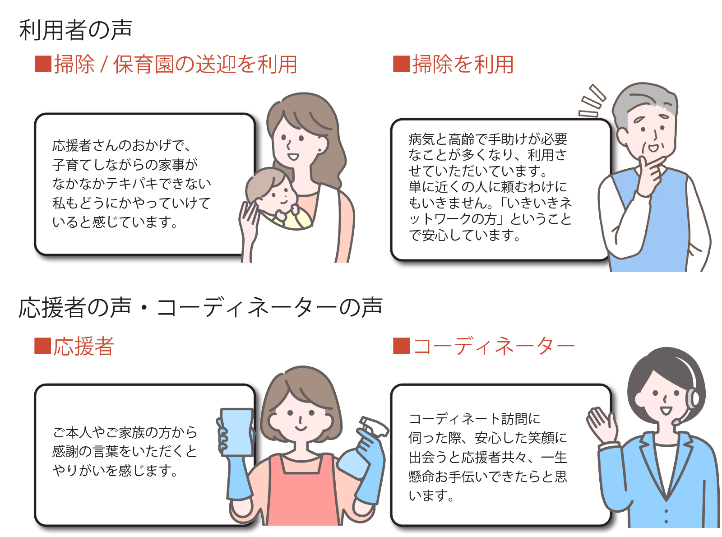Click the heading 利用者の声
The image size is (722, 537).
click(75, 30)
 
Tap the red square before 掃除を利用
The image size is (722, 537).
click(401, 64)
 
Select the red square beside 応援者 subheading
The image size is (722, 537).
click(42, 346)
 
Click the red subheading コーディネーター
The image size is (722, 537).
click(494, 346)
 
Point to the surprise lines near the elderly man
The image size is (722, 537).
click(592, 101)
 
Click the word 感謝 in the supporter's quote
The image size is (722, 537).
click(66, 452)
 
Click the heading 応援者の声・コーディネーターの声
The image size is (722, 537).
click(200, 307)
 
